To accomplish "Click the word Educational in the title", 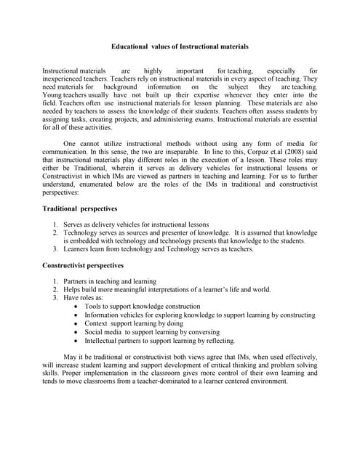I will click(129, 46).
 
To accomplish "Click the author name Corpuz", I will click(245, 149).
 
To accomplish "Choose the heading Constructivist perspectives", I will click(84, 265).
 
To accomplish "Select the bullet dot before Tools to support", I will click(77, 307).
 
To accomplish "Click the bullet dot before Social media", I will click(77, 332).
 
